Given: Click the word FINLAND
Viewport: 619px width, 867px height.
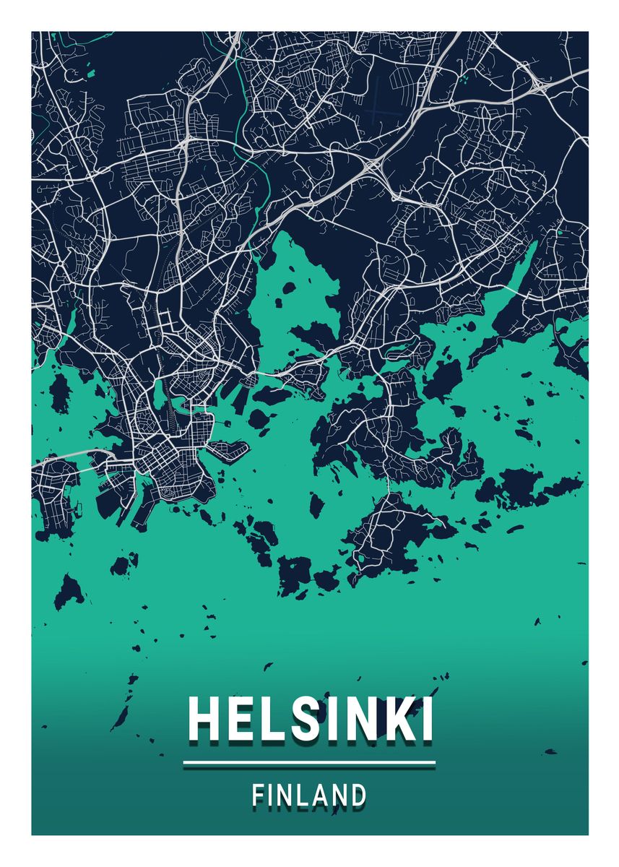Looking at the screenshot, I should pyautogui.click(x=309, y=795).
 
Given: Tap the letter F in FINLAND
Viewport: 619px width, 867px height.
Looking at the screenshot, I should pyautogui.click(x=258, y=795).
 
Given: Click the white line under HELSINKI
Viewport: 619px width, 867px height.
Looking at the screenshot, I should pyautogui.click(x=309, y=762).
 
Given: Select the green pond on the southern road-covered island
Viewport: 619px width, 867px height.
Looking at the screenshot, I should pyautogui.click(x=360, y=558).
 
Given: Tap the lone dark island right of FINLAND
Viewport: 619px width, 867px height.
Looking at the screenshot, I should pyautogui.click(x=550, y=752).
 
